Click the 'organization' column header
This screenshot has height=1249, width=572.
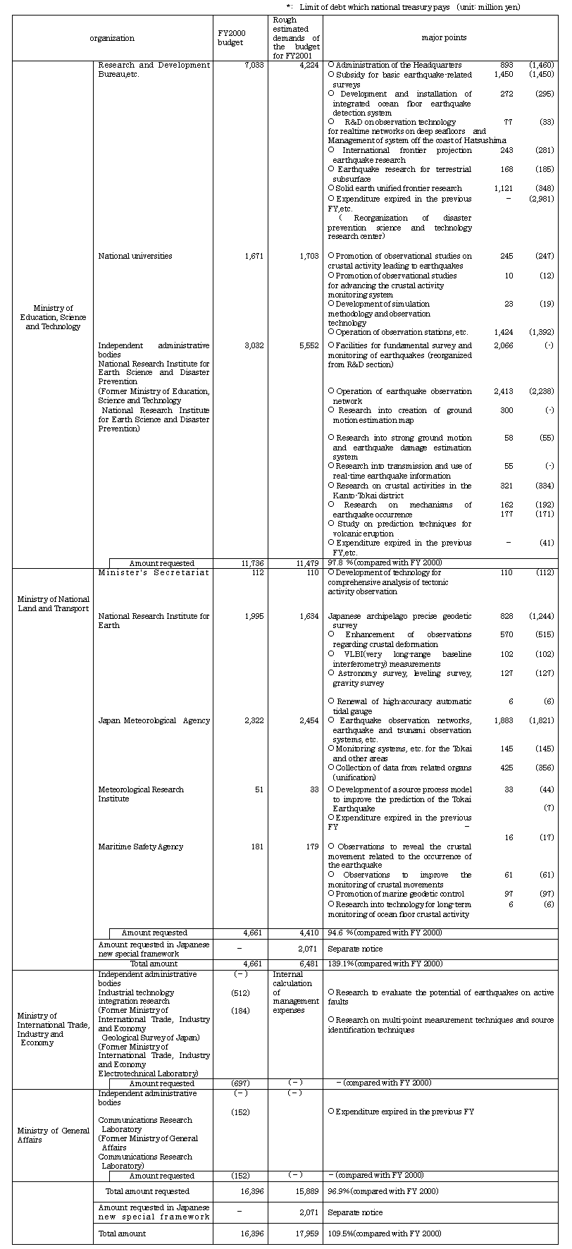point(112,38)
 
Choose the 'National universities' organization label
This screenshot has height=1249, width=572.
point(135,256)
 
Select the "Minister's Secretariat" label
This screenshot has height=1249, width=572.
point(154,572)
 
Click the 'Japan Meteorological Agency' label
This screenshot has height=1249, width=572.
point(154,720)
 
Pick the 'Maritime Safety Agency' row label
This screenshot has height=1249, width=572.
point(140,847)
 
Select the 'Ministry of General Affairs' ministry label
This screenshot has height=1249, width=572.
point(53,1135)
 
